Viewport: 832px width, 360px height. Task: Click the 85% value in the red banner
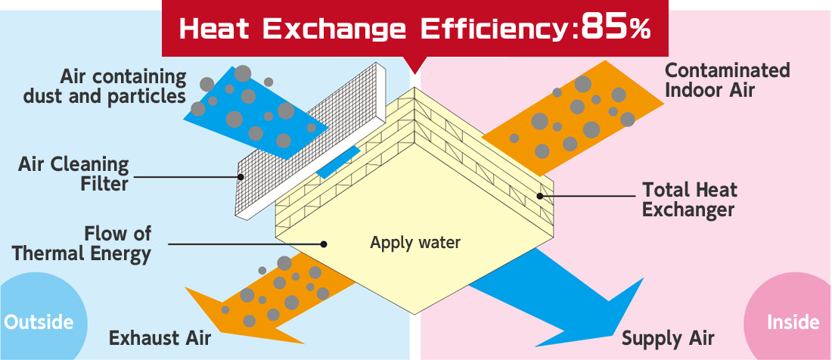[x=616, y=29]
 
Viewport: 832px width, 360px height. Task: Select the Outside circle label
[x=39, y=322]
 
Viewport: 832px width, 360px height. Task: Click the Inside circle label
[x=793, y=322]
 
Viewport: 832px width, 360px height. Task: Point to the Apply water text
[x=415, y=243]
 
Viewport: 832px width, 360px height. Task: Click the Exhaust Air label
[x=160, y=338]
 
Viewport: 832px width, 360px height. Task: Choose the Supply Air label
[x=668, y=338]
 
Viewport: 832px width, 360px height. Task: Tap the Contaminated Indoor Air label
[x=727, y=79]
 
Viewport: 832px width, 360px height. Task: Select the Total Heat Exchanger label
[x=689, y=200]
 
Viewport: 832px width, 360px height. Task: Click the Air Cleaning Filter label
[x=73, y=173]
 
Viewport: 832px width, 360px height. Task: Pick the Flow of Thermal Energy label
[x=82, y=244]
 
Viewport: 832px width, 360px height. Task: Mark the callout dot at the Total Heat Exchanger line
[x=540, y=196]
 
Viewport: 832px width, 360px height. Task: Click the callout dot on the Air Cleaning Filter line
[x=241, y=176]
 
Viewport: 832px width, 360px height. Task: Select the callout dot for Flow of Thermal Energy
[x=323, y=244]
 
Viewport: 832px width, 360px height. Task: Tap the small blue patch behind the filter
[x=337, y=163]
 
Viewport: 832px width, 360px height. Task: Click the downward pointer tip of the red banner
[x=415, y=73]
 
